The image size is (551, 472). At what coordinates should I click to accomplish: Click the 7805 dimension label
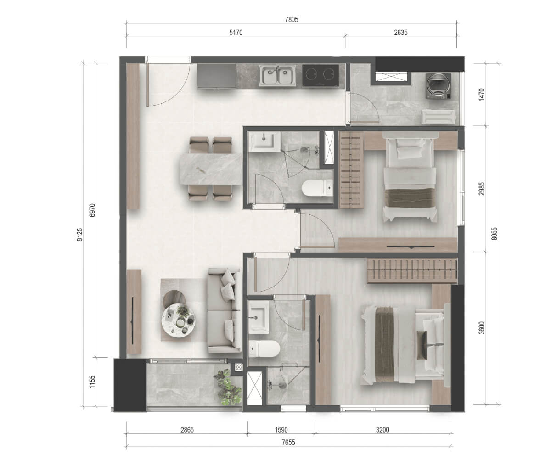(x=292, y=19)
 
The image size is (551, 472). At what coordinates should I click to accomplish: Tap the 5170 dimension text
(x=236, y=33)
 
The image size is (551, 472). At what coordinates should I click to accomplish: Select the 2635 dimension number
(x=401, y=33)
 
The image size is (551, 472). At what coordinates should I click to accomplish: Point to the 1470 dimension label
(x=481, y=94)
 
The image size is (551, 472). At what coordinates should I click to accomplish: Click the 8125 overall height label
(x=80, y=235)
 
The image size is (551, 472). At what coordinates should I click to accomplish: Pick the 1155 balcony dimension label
(x=92, y=382)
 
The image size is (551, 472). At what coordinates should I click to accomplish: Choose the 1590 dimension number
(x=281, y=430)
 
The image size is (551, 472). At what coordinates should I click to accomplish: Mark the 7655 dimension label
(x=288, y=443)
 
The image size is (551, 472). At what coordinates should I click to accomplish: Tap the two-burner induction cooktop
(x=320, y=75)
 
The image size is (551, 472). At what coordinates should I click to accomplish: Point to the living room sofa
(x=225, y=311)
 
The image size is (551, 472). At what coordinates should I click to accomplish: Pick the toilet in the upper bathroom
(x=317, y=188)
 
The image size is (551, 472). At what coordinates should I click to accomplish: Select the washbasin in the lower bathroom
(x=259, y=317)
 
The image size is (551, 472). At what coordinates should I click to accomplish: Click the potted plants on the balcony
(x=227, y=388)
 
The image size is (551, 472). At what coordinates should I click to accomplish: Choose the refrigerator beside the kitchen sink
(x=216, y=76)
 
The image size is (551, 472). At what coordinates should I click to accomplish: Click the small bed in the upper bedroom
(x=410, y=177)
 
